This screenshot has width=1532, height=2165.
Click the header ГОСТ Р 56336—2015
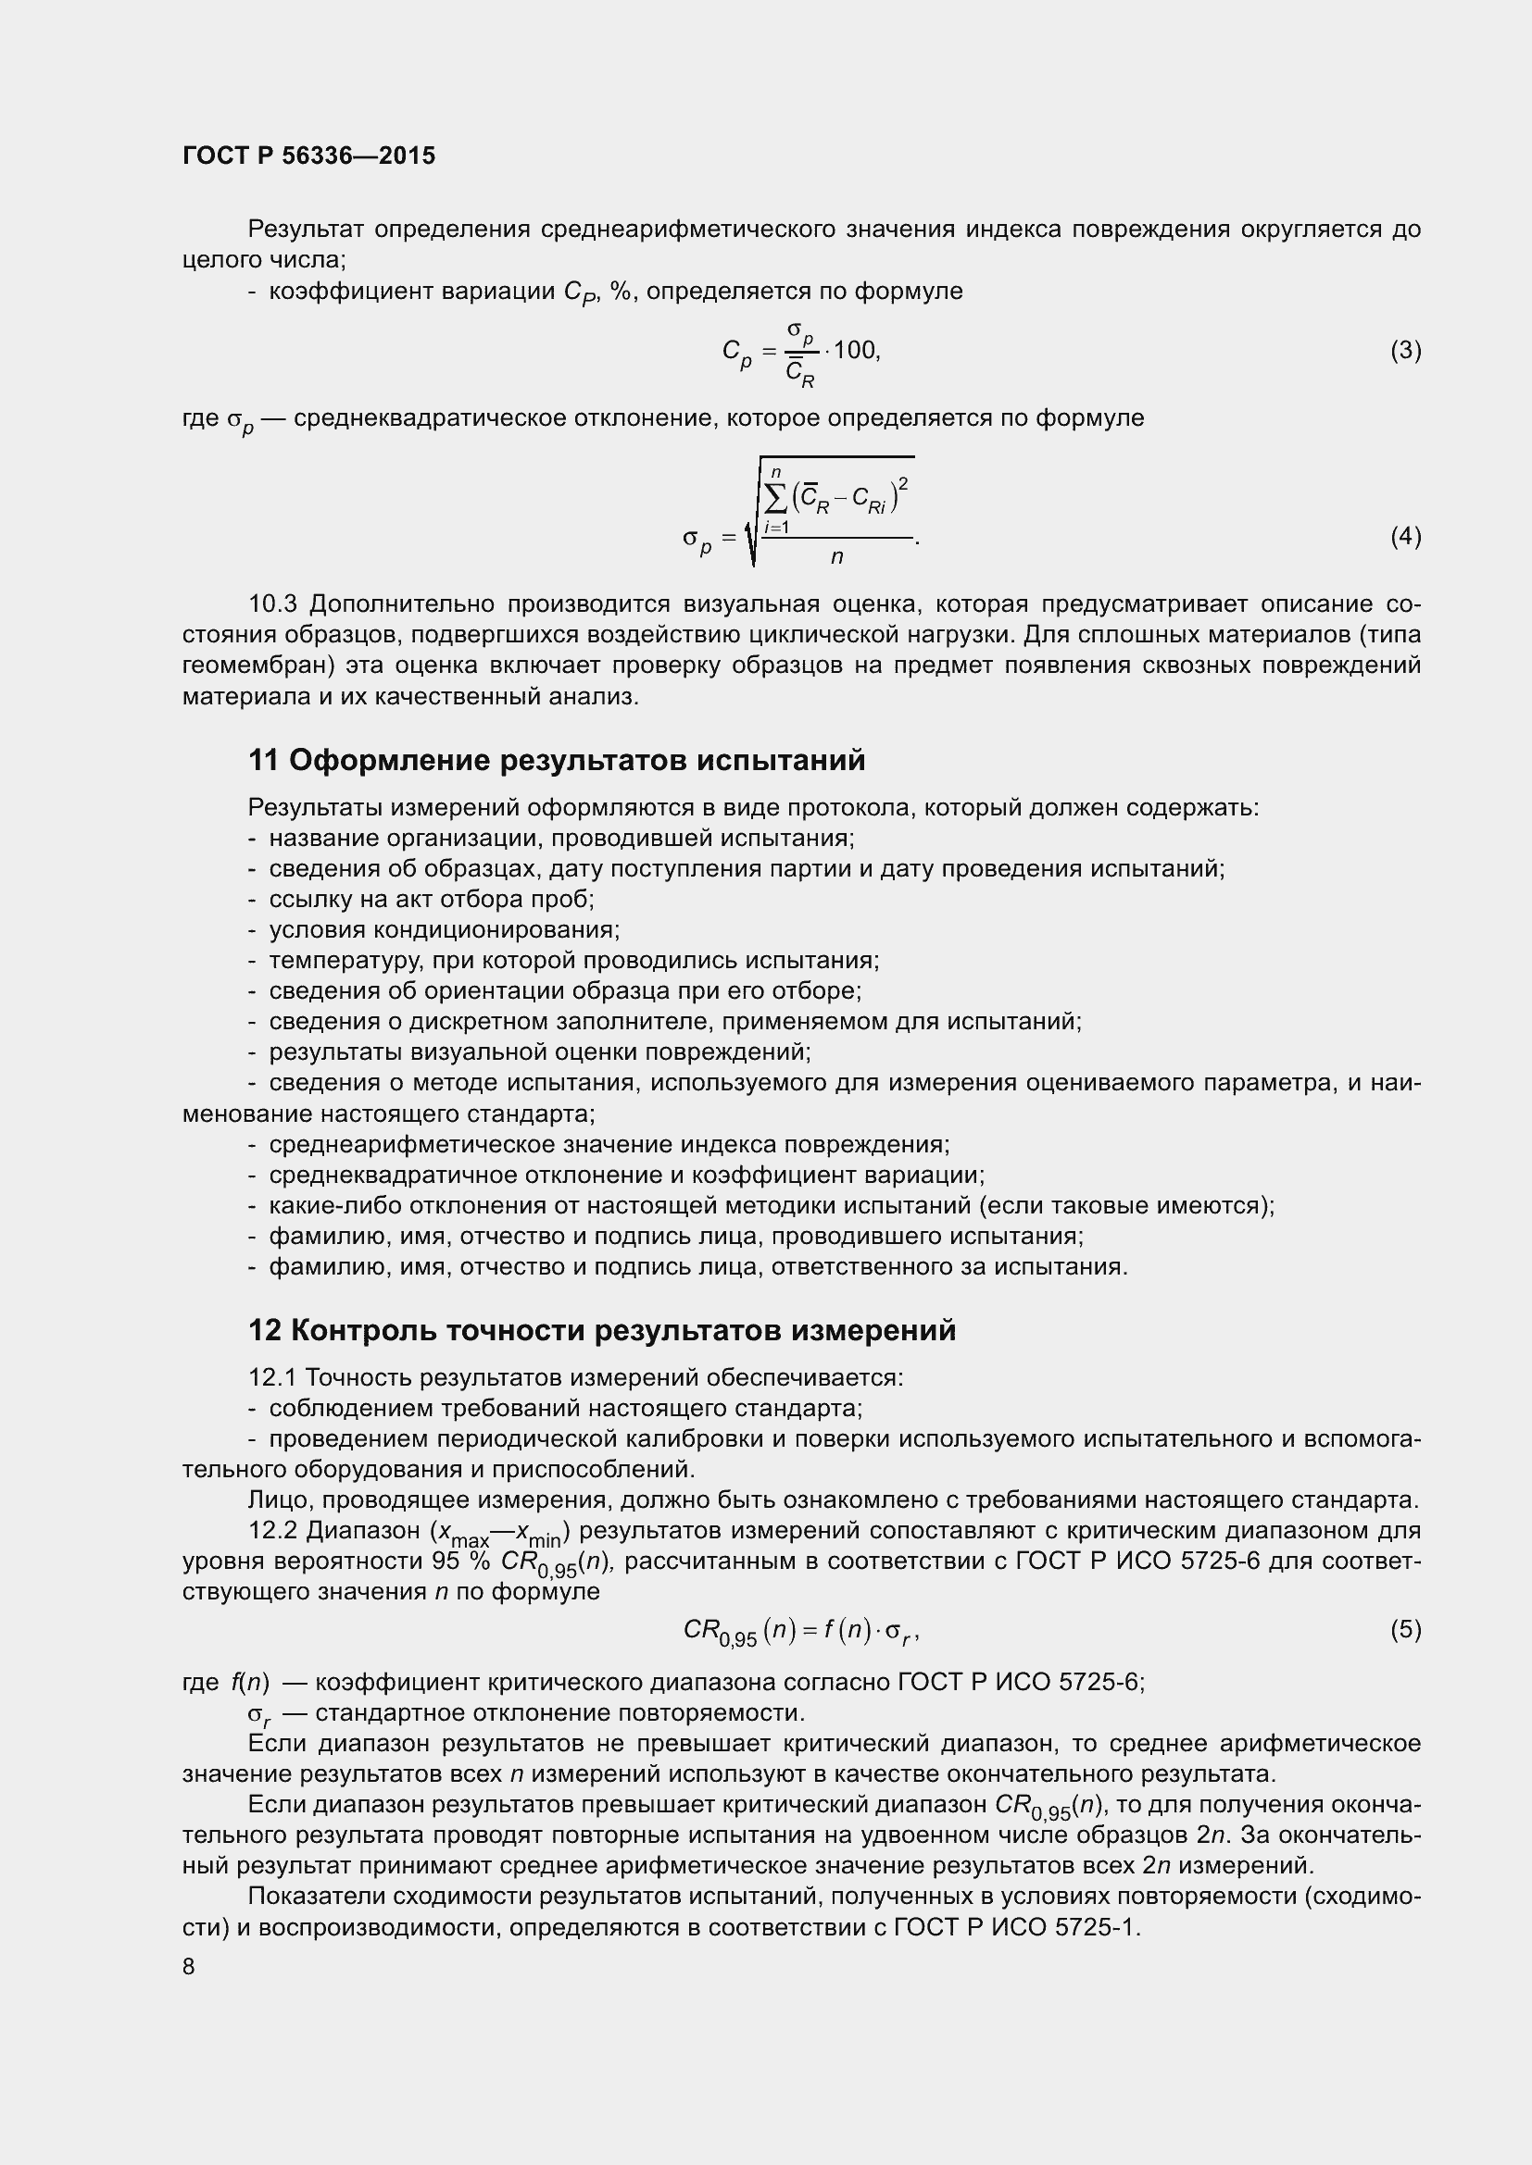[308, 156]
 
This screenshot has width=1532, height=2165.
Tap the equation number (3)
[1405, 351]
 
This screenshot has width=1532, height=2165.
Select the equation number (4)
[1405, 537]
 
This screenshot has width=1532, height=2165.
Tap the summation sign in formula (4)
[776, 498]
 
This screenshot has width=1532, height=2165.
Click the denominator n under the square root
[836, 557]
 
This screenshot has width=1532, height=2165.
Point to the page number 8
[189, 1966]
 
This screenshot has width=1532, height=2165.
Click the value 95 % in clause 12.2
[460, 1562]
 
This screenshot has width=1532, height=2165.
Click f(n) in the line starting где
[250, 1683]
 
